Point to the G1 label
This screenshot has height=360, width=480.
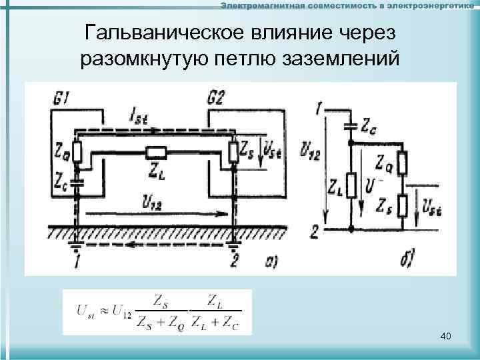coord(60,99)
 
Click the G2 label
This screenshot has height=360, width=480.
coord(215,99)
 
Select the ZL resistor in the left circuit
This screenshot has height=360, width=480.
coord(155,153)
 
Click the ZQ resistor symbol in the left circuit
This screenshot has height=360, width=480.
coord(77,153)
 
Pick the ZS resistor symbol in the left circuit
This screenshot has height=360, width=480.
coord(233,152)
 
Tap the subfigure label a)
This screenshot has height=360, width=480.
coord(271,262)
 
